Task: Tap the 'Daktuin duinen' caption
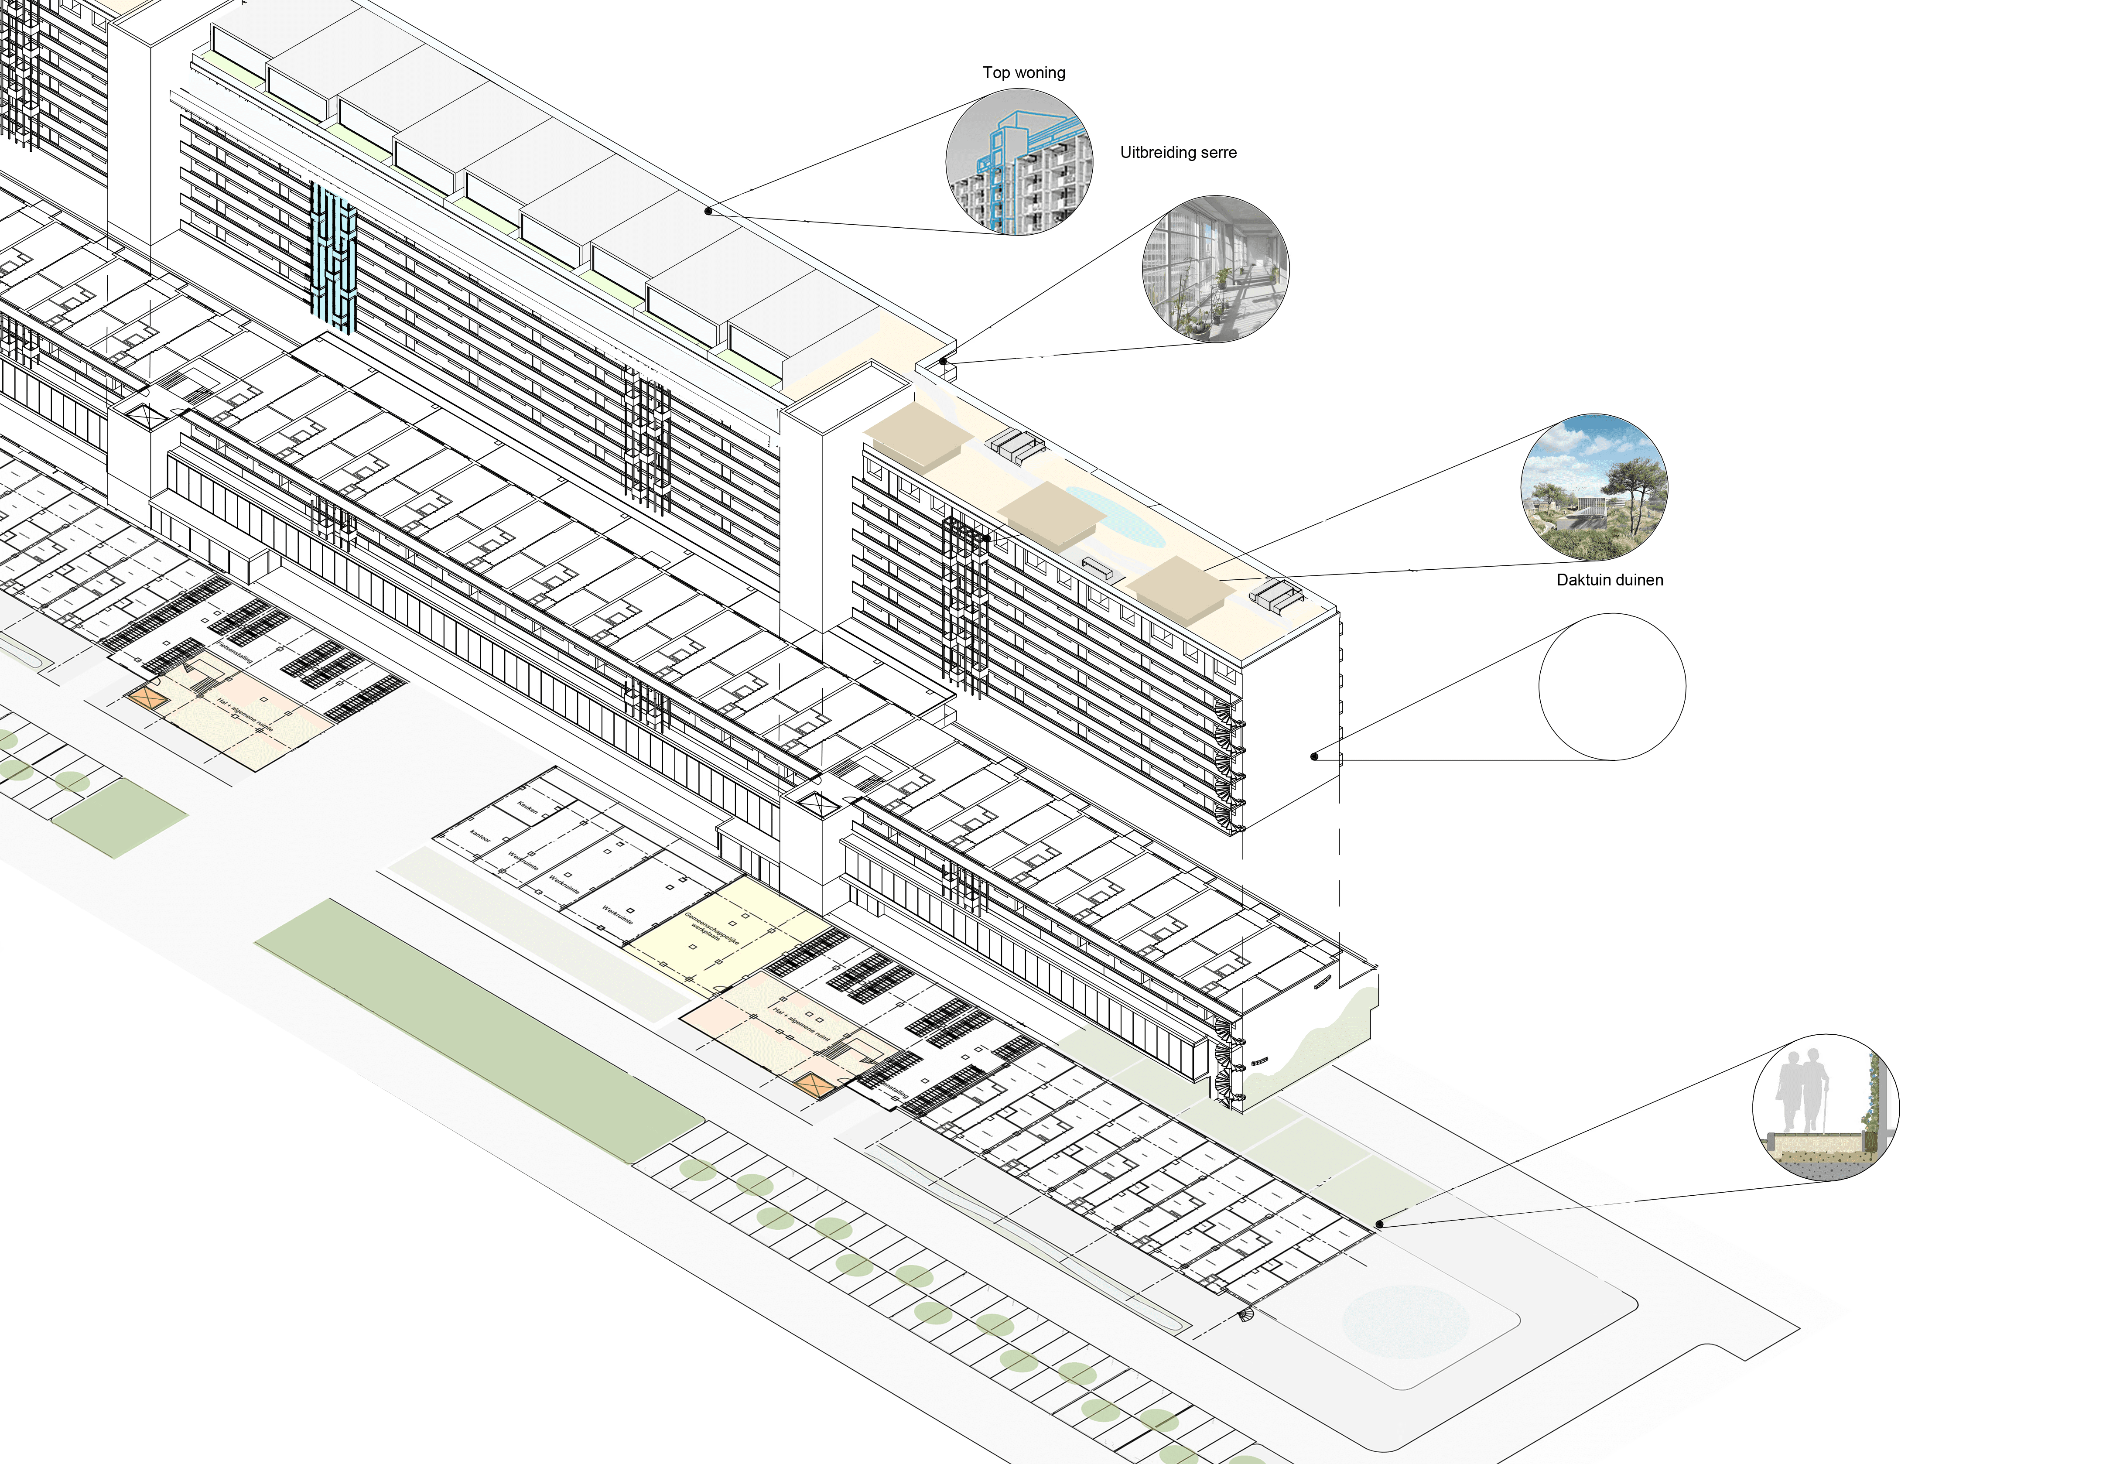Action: pos(1609,580)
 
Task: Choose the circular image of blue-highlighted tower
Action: pos(1019,162)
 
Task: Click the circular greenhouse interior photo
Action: pos(1214,268)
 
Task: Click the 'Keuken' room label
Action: pos(527,807)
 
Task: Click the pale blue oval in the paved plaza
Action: pos(1404,1319)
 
